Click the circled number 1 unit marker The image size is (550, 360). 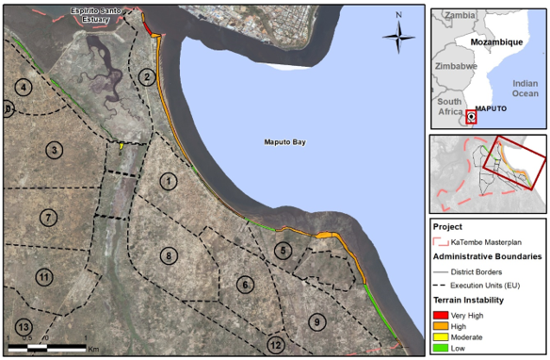(169, 181)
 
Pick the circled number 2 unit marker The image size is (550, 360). (147, 76)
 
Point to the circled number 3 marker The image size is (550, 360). (56, 151)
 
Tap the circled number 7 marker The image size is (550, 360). (46, 218)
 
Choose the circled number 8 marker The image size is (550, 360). (169, 255)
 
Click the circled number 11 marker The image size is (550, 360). (43, 277)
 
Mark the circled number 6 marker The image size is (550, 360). (245, 285)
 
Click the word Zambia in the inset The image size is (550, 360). (461, 16)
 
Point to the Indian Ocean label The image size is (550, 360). (525, 88)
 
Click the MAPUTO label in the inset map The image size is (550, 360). (492, 109)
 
